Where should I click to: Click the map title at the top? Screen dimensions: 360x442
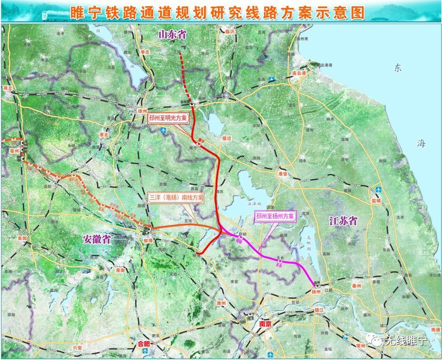tap(217, 12)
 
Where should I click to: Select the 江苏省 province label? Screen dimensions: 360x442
tap(343, 221)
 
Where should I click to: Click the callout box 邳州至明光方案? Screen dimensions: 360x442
tap(168, 118)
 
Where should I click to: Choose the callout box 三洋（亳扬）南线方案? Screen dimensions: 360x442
tap(176, 198)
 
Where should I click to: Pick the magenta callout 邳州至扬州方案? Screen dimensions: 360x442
tap(275, 216)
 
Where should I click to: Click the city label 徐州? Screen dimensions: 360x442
tap(142, 111)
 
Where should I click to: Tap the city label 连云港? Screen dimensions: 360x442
tap(299, 73)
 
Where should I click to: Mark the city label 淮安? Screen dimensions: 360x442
tap(282, 173)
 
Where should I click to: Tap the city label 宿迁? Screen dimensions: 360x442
tap(227, 138)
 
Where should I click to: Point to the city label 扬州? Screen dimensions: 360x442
tap(317, 293)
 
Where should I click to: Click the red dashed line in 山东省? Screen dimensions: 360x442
tap(184, 70)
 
